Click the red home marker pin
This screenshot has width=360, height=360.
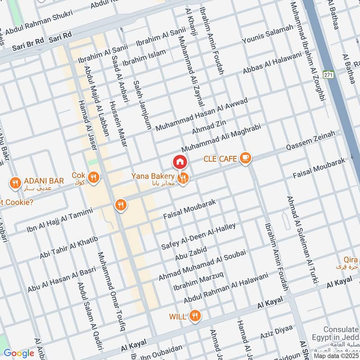(180, 161)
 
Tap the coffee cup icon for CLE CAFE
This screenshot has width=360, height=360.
(245, 158)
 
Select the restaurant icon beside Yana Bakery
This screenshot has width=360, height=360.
(183, 179)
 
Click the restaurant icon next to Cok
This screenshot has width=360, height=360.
(94, 177)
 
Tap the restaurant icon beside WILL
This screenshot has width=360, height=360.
(195, 316)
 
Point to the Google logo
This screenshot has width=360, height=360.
(18, 353)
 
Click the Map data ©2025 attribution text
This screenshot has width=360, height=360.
(337, 355)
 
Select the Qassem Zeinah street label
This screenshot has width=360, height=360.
(312, 141)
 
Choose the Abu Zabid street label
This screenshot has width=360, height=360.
(191, 254)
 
